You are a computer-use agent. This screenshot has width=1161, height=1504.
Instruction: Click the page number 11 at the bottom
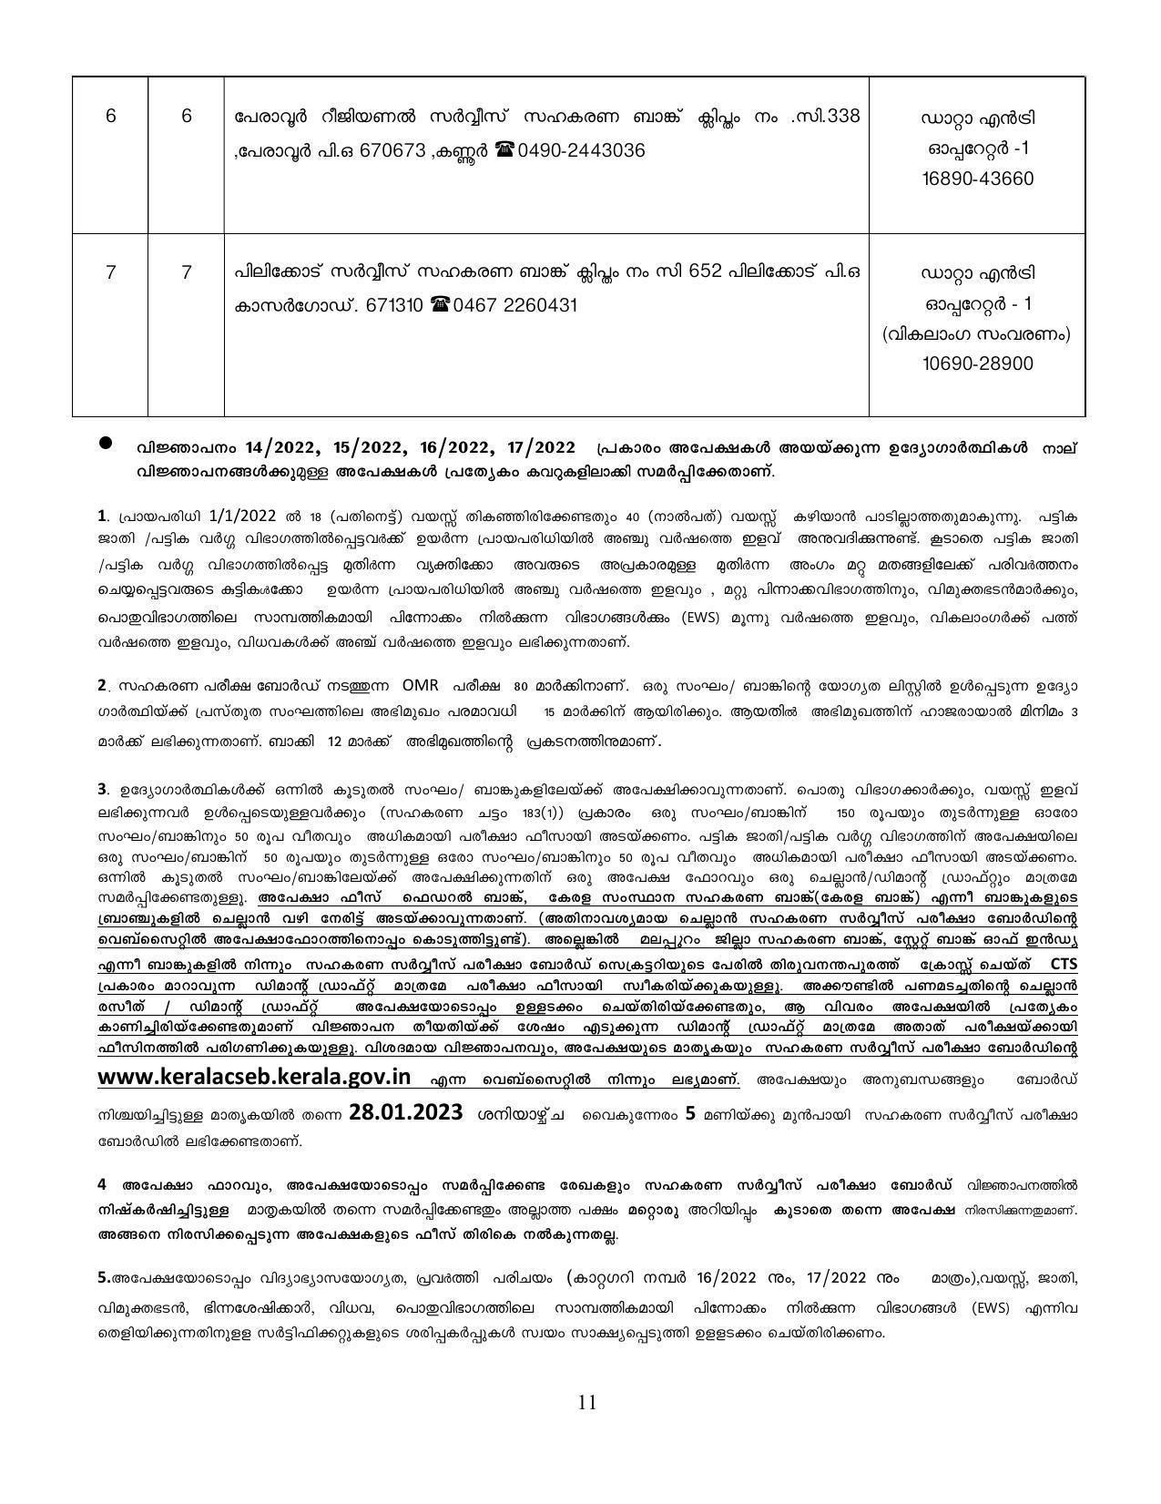(586, 1402)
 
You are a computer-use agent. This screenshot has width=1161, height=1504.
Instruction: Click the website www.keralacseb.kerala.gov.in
(254, 1077)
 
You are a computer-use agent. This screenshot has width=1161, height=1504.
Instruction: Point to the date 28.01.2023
(405, 1113)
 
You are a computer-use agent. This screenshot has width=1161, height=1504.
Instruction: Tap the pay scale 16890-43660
(978, 179)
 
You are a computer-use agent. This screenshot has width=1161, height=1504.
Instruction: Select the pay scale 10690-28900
(978, 363)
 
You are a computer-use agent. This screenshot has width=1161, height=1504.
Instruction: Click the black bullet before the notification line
(106, 443)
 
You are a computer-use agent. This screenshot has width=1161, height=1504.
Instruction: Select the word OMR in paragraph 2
(420, 685)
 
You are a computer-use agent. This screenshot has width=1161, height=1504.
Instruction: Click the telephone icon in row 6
(504, 150)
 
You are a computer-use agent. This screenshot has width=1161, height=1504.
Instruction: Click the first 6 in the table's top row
(110, 117)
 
